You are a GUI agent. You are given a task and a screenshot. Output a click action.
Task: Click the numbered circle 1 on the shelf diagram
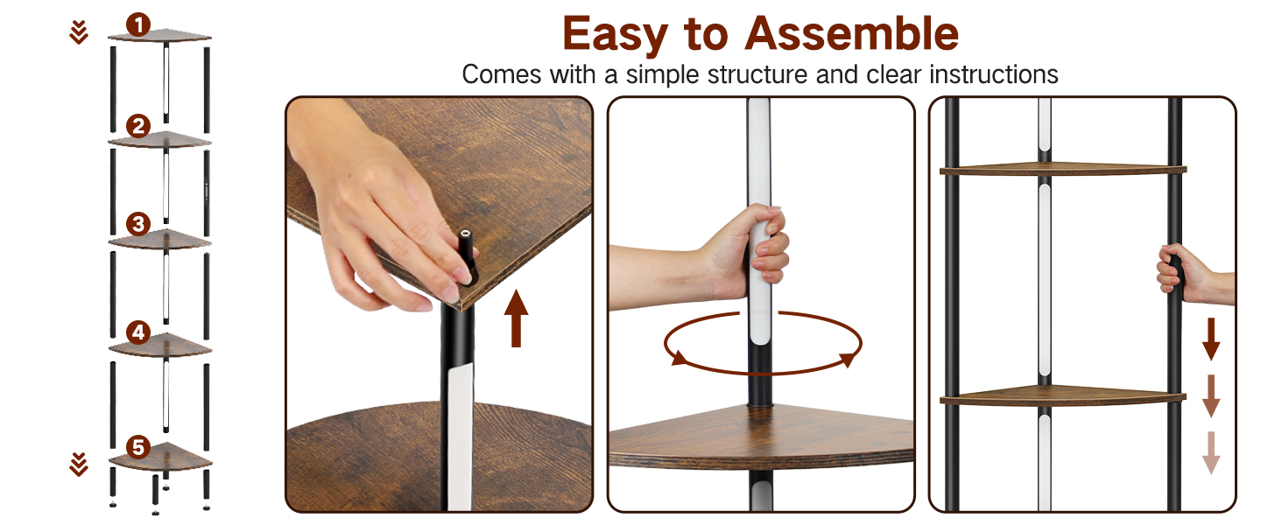point(138,25)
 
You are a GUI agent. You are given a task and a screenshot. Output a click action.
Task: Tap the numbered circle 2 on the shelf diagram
point(138,126)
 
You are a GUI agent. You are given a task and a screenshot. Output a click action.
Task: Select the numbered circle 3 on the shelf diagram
point(138,224)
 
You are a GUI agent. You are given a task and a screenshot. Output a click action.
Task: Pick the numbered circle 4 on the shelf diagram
point(138,332)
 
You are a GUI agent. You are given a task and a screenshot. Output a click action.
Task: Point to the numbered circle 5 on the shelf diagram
point(138,447)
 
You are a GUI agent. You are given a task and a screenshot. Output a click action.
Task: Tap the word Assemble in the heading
point(852,33)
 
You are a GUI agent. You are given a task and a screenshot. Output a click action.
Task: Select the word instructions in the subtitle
point(994,75)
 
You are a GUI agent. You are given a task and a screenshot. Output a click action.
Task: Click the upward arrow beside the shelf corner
point(516,318)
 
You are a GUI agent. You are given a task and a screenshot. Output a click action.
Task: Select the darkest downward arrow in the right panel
point(1210,339)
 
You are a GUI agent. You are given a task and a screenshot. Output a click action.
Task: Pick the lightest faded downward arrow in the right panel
point(1210,452)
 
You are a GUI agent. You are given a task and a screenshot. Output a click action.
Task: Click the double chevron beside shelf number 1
point(79,32)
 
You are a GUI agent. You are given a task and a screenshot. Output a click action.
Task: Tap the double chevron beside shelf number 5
point(79,465)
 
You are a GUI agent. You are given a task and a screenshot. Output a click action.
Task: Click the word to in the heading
point(707,34)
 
